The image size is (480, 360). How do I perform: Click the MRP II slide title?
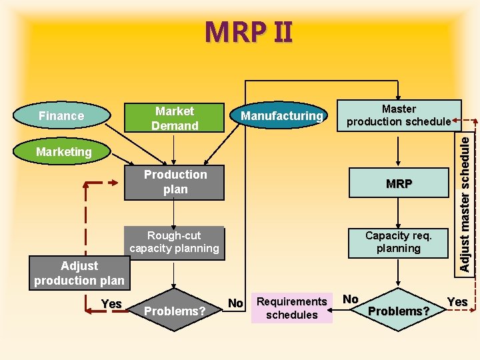pos(248,32)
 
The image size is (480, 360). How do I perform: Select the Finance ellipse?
pos(61,116)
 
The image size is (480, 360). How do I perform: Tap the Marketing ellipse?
pos(64,152)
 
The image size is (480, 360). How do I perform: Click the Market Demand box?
pos(175,118)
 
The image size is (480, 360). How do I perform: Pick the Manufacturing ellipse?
pos(281,116)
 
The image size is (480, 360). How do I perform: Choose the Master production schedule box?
pos(399,115)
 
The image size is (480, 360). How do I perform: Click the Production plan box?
pos(175,182)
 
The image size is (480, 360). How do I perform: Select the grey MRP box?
pos(399,183)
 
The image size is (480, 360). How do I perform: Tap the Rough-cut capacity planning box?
pos(174,242)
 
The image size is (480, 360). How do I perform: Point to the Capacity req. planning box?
pos(399,242)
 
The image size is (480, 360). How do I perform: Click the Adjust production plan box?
pos(79,273)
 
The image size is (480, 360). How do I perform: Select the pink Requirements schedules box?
pos(291,308)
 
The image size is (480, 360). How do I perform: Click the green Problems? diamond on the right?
pos(399,311)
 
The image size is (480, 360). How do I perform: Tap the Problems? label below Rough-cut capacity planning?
pos(175,311)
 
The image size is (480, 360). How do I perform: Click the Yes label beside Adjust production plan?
pos(111,304)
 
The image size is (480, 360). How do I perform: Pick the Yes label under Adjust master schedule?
pos(457,302)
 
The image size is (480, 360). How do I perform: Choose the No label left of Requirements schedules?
pos(235,303)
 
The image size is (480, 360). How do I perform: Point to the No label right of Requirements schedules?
pos(351,299)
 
